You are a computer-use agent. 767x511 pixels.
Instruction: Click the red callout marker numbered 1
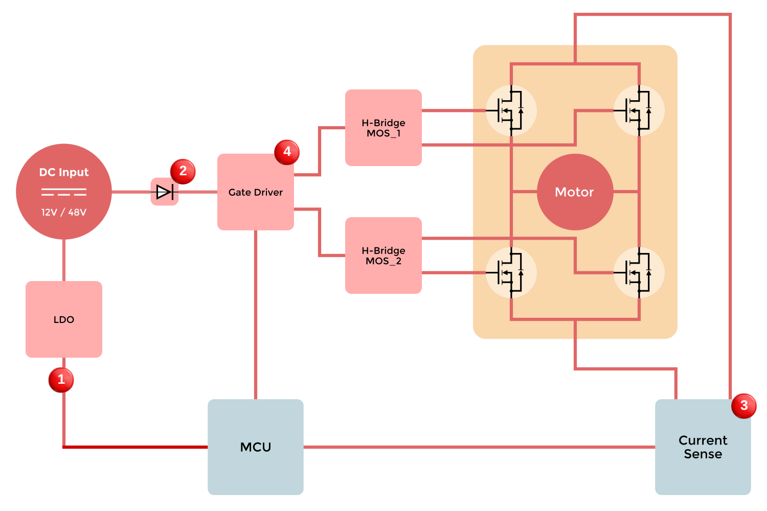coord(61,380)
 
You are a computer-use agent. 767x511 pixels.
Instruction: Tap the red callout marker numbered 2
coord(183,171)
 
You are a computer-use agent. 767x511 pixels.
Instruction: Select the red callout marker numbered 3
coord(743,406)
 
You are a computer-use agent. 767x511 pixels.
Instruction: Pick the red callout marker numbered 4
coord(287,152)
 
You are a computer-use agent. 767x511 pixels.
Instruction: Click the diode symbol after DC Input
coord(165,192)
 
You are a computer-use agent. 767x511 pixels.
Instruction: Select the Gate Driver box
coord(255,192)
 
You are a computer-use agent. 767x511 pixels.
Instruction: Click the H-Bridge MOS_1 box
coord(383,128)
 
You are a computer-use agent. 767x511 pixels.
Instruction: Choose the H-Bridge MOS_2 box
coord(383,255)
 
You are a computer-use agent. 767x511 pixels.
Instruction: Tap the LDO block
coord(64,319)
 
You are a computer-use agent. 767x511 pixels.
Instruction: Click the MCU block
coord(255,447)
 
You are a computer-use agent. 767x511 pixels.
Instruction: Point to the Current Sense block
coord(703,447)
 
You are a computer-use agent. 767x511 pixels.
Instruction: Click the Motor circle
coord(575,192)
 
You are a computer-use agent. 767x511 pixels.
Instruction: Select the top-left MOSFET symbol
coord(511,110)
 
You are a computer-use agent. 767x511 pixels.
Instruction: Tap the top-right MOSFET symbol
coord(639,110)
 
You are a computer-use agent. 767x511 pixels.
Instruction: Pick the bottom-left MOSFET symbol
coord(511,273)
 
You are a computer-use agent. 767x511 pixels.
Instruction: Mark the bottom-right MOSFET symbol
coord(639,273)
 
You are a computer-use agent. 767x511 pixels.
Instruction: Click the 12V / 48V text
coord(64,212)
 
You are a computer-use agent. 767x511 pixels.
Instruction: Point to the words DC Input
coord(64,172)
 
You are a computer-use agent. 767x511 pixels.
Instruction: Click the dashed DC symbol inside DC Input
coord(64,192)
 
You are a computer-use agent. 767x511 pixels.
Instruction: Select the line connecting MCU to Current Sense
coord(479,447)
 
